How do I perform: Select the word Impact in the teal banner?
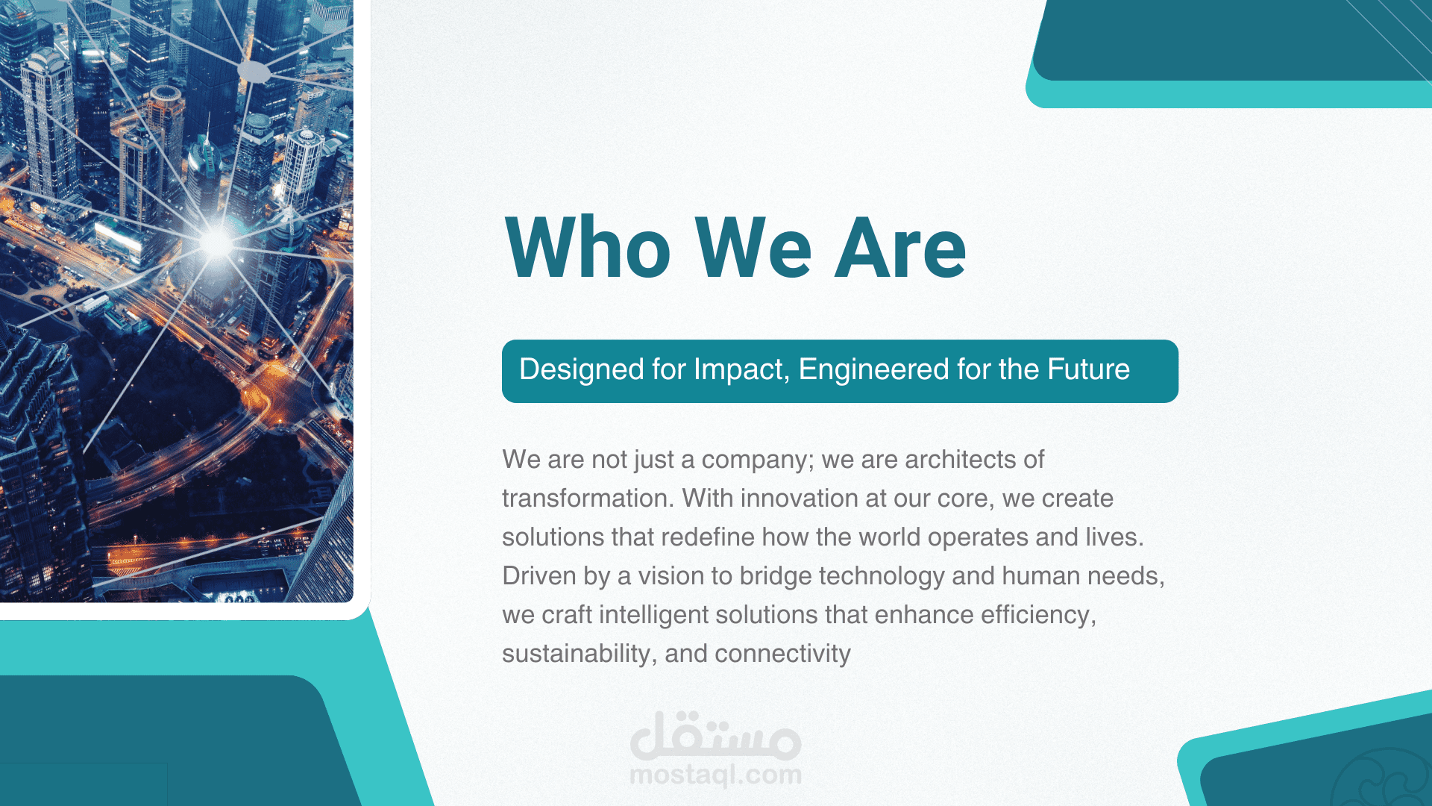[738, 370]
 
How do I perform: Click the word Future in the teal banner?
[1088, 369]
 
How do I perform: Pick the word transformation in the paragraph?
[588, 499]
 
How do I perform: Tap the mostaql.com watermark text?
[716, 775]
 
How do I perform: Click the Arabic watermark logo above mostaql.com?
[716, 736]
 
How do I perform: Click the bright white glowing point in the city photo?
[216, 242]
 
